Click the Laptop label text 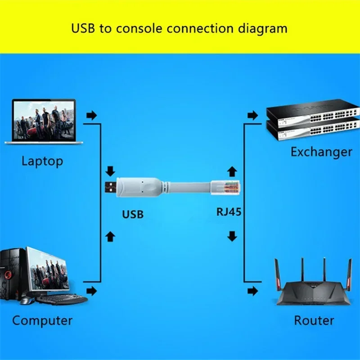(x=42, y=161)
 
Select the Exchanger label (x=321, y=152)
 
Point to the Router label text (x=314, y=321)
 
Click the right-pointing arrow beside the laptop (x=92, y=116)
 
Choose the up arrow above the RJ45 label (x=232, y=171)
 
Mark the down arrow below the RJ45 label (x=232, y=236)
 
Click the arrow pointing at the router (x=253, y=291)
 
